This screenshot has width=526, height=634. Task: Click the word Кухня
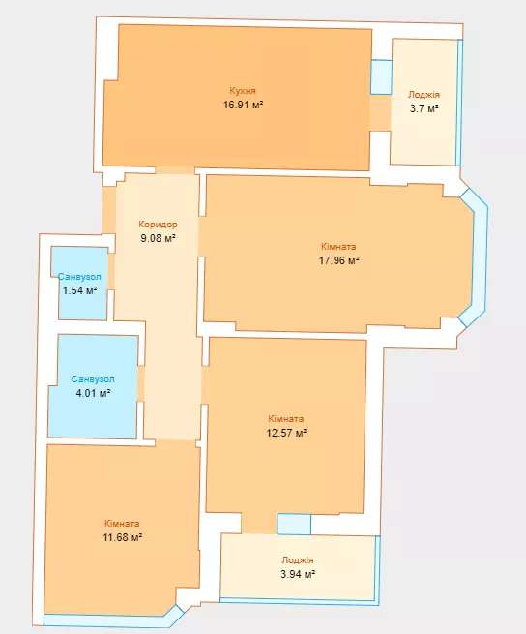pyautogui.click(x=243, y=91)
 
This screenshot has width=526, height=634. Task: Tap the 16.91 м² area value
pyautogui.click(x=244, y=105)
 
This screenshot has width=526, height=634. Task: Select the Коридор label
pyautogui.click(x=158, y=224)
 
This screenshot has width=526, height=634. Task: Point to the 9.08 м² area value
pyautogui.click(x=158, y=238)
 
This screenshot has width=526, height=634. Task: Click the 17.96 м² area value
pyautogui.click(x=339, y=260)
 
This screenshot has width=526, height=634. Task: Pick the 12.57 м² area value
pyautogui.click(x=286, y=433)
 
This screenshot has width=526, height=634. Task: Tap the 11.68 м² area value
pyautogui.click(x=122, y=537)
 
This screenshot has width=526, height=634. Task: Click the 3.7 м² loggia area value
pyautogui.click(x=424, y=108)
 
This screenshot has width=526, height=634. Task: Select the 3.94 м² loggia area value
pyautogui.click(x=298, y=574)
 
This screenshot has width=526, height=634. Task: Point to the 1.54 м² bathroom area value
pyautogui.click(x=79, y=290)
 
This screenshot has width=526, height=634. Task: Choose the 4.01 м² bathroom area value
pyautogui.click(x=94, y=393)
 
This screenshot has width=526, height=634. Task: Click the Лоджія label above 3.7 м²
pyautogui.click(x=424, y=95)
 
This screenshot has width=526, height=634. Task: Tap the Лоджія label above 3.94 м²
pyautogui.click(x=298, y=560)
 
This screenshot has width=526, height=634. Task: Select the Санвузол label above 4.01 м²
pyautogui.click(x=93, y=379)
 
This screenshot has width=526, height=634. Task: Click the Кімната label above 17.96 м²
pyautogui.click(x=338, y=246)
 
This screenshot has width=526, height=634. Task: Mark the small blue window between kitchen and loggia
pyautogui.click(x=381, y=76)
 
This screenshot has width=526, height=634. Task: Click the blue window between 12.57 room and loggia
pyautogui.click(x=294, y=524)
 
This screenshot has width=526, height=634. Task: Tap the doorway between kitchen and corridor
pyautogui.click(x=175, y=170)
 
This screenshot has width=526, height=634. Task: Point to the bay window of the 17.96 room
pyautogui.click(x=477, y=257)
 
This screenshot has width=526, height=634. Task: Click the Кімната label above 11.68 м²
pyautogui.click(x=122, y=524)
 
